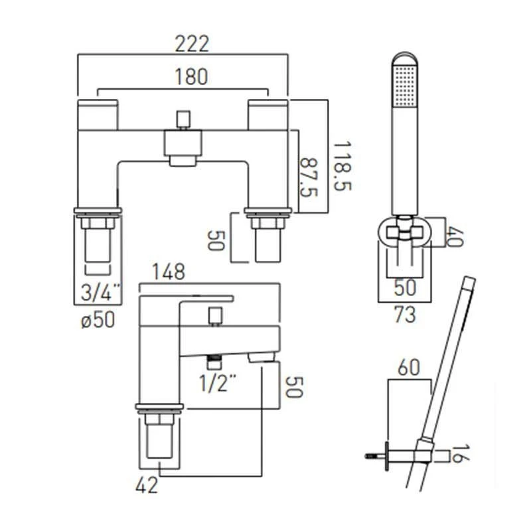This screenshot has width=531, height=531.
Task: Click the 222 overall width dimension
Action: pyautogui.click(x=192, y=44)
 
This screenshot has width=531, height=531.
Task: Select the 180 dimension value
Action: pyautogui.click(x=191, y=76)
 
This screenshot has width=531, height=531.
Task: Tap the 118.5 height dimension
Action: pyautogui.click(x=342, y=167)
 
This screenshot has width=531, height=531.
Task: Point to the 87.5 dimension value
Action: pyautogui.click(x=309, y=177)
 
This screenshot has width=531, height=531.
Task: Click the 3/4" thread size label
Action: pyautogui.click(x=101, y=291)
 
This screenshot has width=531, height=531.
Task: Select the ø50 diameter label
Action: pyautogui.click(x=98, y=320)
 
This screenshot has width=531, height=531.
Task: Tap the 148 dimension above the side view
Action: pyautogui.click(x=169, y=271)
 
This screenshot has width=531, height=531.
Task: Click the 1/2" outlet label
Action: pyautogui.click(x=218, y=383)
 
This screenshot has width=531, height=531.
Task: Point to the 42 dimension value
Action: pyautogui.click(x=147, y=485)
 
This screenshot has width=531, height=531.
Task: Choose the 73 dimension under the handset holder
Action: pyautogui.click(x=405, y=315)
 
